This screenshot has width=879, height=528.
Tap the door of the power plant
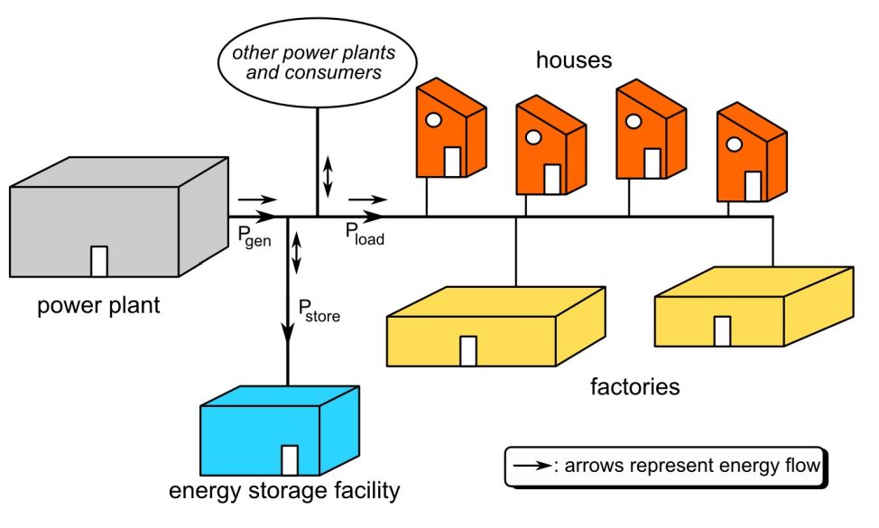pyautogui.click(x=100, y=261)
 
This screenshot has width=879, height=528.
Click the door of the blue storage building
pyautogui.click(x=290, y=459)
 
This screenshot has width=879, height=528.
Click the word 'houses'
pyautogui.click(x=574, y=60)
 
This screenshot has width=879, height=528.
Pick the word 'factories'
pyautogui.click(x=634, y=388)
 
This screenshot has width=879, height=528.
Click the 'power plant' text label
pyautogui.click(x=98, y=305)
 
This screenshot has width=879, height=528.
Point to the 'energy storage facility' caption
pyautogui.click(x=284, y=492)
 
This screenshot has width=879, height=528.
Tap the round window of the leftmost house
pyautogui.click(x=432, y=120)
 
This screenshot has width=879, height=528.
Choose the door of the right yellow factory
pyautogui.click(x=722, y=330)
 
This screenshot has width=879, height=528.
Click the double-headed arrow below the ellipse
pyautogui.click(x=328, y=175)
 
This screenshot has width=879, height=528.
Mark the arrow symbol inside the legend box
pyautogui.click(x=532, y=468)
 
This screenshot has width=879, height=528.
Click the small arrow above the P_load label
pyautogui.click(x=367, y=199)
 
